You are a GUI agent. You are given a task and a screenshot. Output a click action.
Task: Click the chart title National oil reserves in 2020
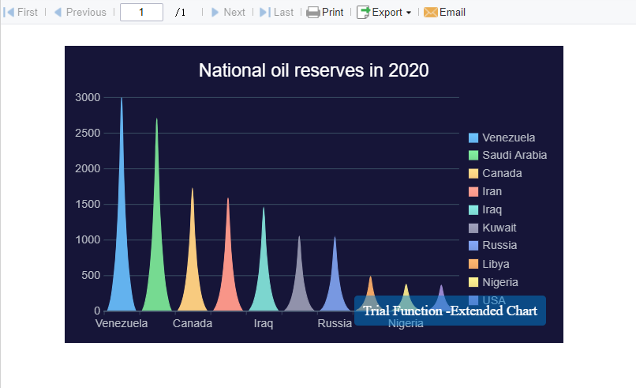pyautogui.click(x=313, y=70)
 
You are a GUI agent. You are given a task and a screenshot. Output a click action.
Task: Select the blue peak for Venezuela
pyautogui.click(x=122, y=261)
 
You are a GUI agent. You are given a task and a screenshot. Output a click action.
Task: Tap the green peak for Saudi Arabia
pyautogui.click(x=157, y=269)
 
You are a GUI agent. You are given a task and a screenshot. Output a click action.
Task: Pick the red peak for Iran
pyautogui.click(x=228, y=277)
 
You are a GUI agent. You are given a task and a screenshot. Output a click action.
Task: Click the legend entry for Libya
pyautogui.click(x=495, y=264)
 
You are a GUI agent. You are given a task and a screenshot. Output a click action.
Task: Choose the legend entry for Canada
pyautogui.click(x=501, y=173)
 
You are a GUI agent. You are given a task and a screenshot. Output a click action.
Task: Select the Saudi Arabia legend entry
pyautogui.click(x=514, y=155)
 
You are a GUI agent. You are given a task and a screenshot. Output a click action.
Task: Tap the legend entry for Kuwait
pyautogui.click(x=499, y=228)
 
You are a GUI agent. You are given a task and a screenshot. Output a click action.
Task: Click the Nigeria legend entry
pyautogui.click(x=499, y=282)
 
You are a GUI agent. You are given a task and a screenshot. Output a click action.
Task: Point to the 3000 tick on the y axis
pyautogui.click(x=88, y=97)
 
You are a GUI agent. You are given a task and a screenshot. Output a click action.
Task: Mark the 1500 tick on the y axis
pyautogui.click(x=88, y=205)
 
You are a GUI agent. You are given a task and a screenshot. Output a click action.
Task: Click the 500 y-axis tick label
pyautogui.click(x=91, y=276)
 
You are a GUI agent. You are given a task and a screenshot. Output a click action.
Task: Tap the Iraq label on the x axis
pyautogui.click(x=264, y=324)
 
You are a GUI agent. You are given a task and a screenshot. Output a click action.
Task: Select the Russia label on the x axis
pyautogui.click(x=335, y=324)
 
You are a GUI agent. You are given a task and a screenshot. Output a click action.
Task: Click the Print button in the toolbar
pyautogui.click(x=325, y=13)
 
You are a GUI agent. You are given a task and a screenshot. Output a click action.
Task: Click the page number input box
pyautogui.click(x=141, y=13)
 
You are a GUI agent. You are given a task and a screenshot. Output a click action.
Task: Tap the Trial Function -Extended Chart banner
pyautogui.click(x=450, y=311)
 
